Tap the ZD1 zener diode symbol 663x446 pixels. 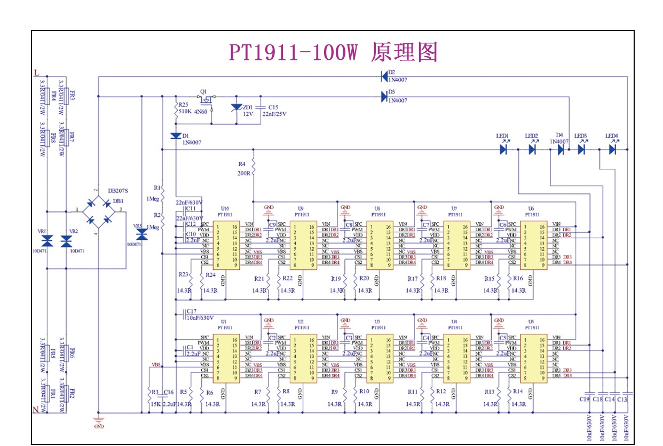(237, 108)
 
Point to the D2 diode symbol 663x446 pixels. (384, 76)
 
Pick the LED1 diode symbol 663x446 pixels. (503, 150)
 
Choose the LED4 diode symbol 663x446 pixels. (612, 150)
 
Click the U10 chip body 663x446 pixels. (226, 245)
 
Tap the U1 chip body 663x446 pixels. (226, 358)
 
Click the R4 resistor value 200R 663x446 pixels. (244, 174)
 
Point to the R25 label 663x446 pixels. (184, 105)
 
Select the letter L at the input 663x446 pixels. (36, 72)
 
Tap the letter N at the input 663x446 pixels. (36, 410)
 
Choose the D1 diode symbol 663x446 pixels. (176, 136)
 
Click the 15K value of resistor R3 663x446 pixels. (155, 404)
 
